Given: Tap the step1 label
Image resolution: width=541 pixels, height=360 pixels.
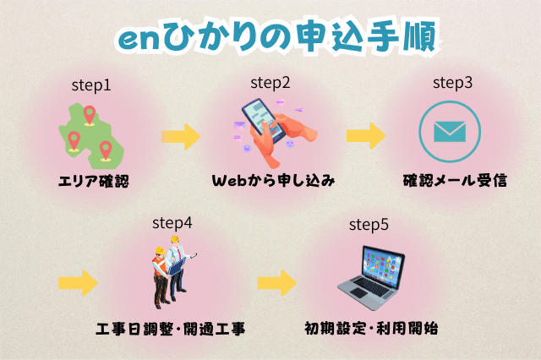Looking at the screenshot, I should (91, 85).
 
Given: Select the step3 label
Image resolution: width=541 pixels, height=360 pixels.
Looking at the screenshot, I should (452, 83).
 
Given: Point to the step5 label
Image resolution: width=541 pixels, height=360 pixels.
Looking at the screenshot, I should (369, 226).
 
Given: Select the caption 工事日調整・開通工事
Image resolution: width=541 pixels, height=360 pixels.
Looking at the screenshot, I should (172, 328).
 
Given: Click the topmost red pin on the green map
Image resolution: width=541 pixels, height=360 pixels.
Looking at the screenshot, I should (89, 112).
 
